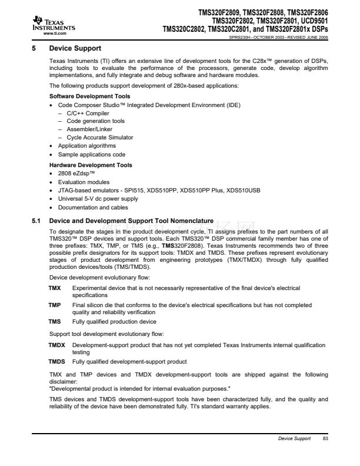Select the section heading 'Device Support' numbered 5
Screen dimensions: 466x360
click(x=75, y=48)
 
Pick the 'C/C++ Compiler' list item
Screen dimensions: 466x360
click(x=88, y=112)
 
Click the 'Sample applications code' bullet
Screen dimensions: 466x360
click(x=91, y=154)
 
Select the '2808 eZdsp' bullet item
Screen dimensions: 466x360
click(x=76, y=174)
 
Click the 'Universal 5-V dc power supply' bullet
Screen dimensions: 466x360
click(x=97, y=198)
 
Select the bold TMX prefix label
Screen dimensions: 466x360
click(x=54, y=288)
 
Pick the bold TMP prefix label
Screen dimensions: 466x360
click(x=54, y=305)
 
